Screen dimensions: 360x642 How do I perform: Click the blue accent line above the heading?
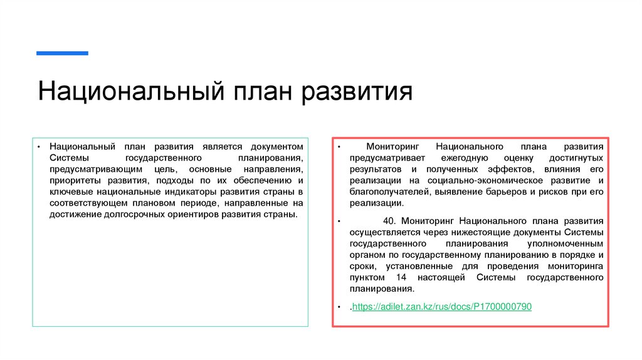pos(62,53)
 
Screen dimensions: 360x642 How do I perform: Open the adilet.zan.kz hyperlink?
pos(441,307)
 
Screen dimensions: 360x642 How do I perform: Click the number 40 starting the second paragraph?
pos(388,221)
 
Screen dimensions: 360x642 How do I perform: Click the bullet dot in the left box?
pos(38,147)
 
